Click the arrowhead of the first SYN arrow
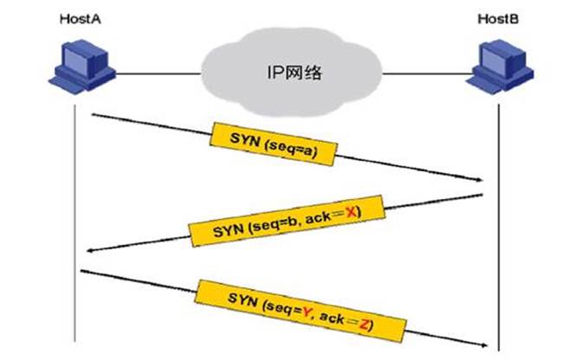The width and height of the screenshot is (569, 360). (x=477, y=178)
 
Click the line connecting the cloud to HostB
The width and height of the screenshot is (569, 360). (x=424, y=72)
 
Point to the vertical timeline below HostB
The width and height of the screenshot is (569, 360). (x=500, y=260)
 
